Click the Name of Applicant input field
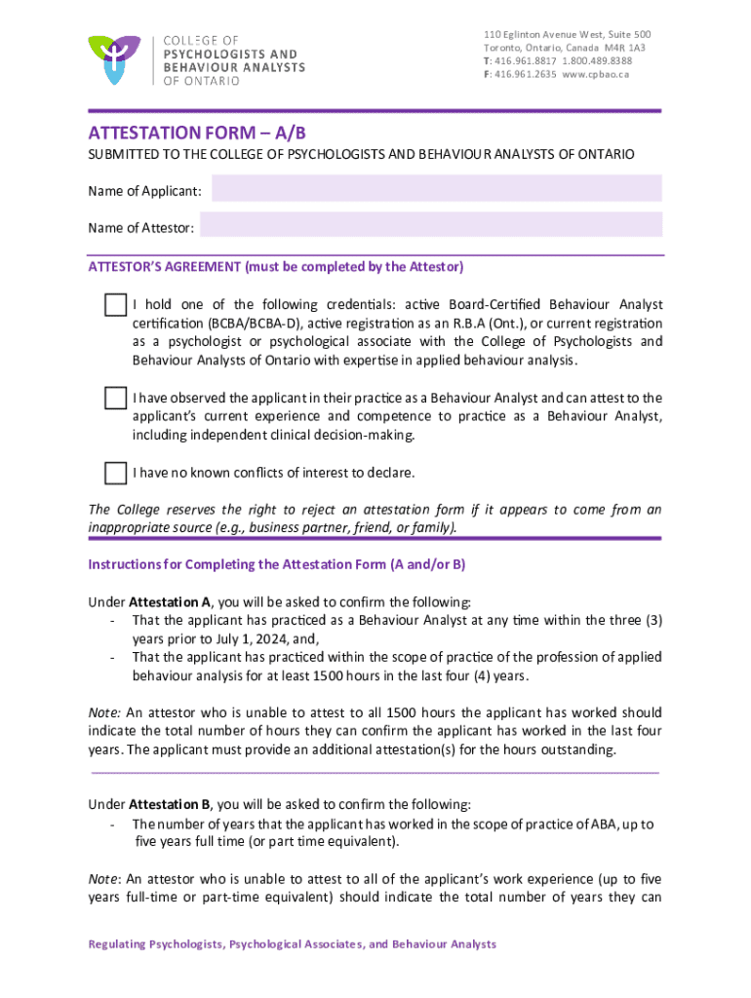pos(436,189)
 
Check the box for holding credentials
pos(115,304)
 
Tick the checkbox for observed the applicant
pos(115,399)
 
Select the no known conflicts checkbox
pos(115,474)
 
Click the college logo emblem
pos(114,58)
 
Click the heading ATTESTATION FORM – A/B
pos(204,133)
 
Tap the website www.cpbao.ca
pos(595,74)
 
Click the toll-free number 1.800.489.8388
pos(597,60)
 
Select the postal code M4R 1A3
pos(624,47)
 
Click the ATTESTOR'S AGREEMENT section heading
pos(276,266)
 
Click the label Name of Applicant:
pos(144,191)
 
